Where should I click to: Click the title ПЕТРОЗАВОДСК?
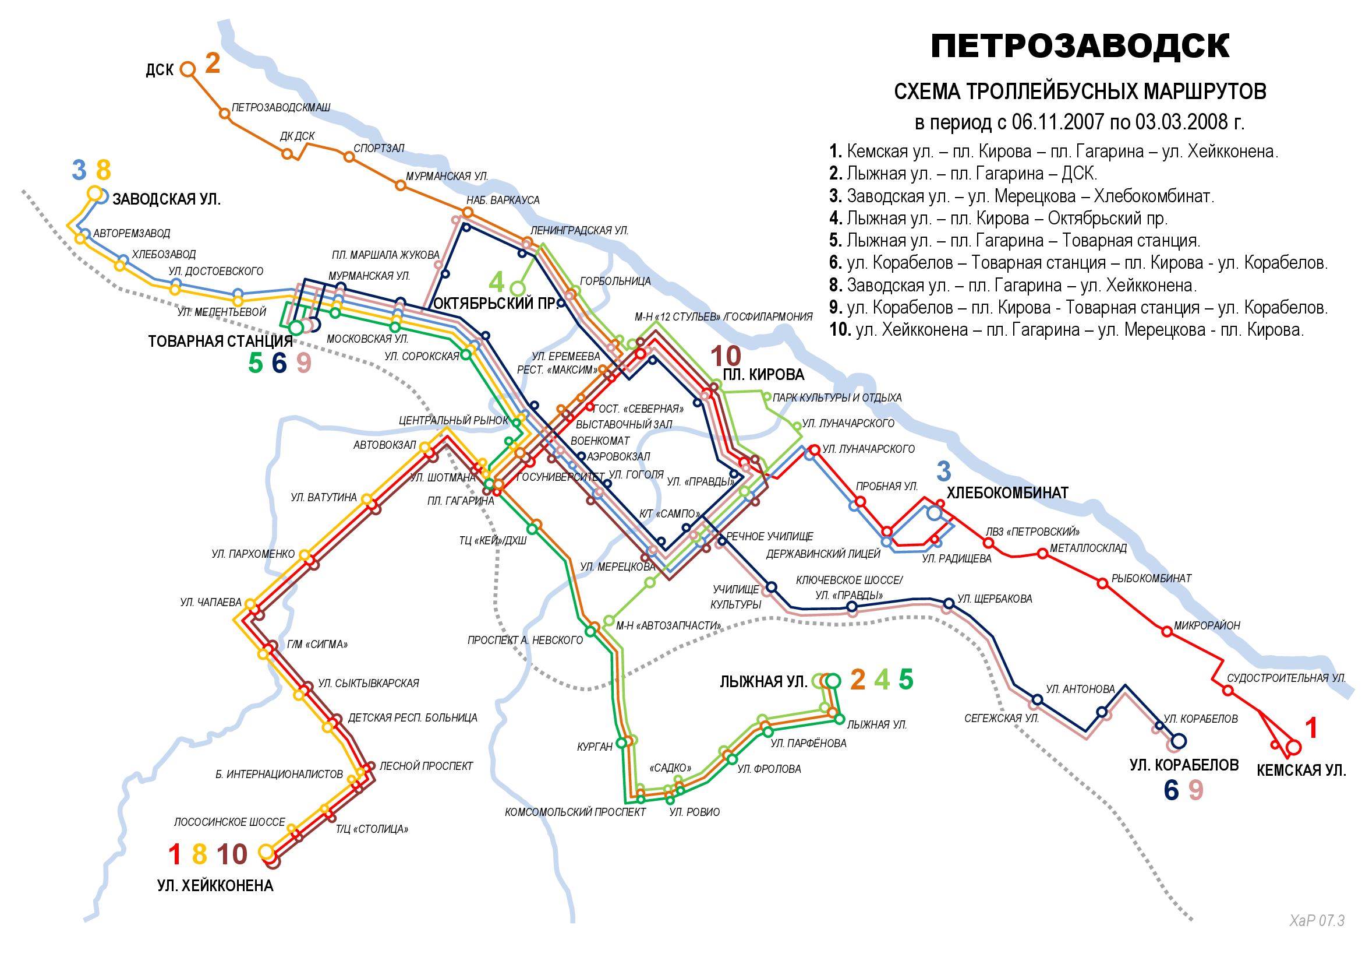point(1080,46)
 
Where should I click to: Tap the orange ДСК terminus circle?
point(188,69)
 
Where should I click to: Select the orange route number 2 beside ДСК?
point(213,63)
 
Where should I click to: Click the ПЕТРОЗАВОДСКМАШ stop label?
point(281,107)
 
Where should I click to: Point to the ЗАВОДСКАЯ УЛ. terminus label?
point(167,199)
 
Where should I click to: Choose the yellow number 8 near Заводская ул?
point(103,170)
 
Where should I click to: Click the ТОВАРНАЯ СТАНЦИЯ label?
point(220,342)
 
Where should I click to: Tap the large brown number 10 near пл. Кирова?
point(726,356)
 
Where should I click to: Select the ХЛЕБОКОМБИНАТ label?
point(1007,493)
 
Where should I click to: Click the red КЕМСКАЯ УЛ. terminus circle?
point(1294,747)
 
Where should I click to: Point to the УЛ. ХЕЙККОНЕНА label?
point(215,886)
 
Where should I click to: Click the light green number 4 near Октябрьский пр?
point(496,282)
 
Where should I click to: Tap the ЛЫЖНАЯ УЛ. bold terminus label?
point(763,682)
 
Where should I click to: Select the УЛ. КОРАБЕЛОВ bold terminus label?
point(1183,765)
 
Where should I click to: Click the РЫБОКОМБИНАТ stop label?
point(1151,578)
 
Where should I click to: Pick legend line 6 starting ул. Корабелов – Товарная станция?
point(1078,263)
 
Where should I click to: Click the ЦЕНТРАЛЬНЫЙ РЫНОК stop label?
point(453,420)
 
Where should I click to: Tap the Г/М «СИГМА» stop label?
point(317,645)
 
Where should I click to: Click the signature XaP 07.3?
point(1317,921)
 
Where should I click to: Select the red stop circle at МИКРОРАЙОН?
point(1166,632)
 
